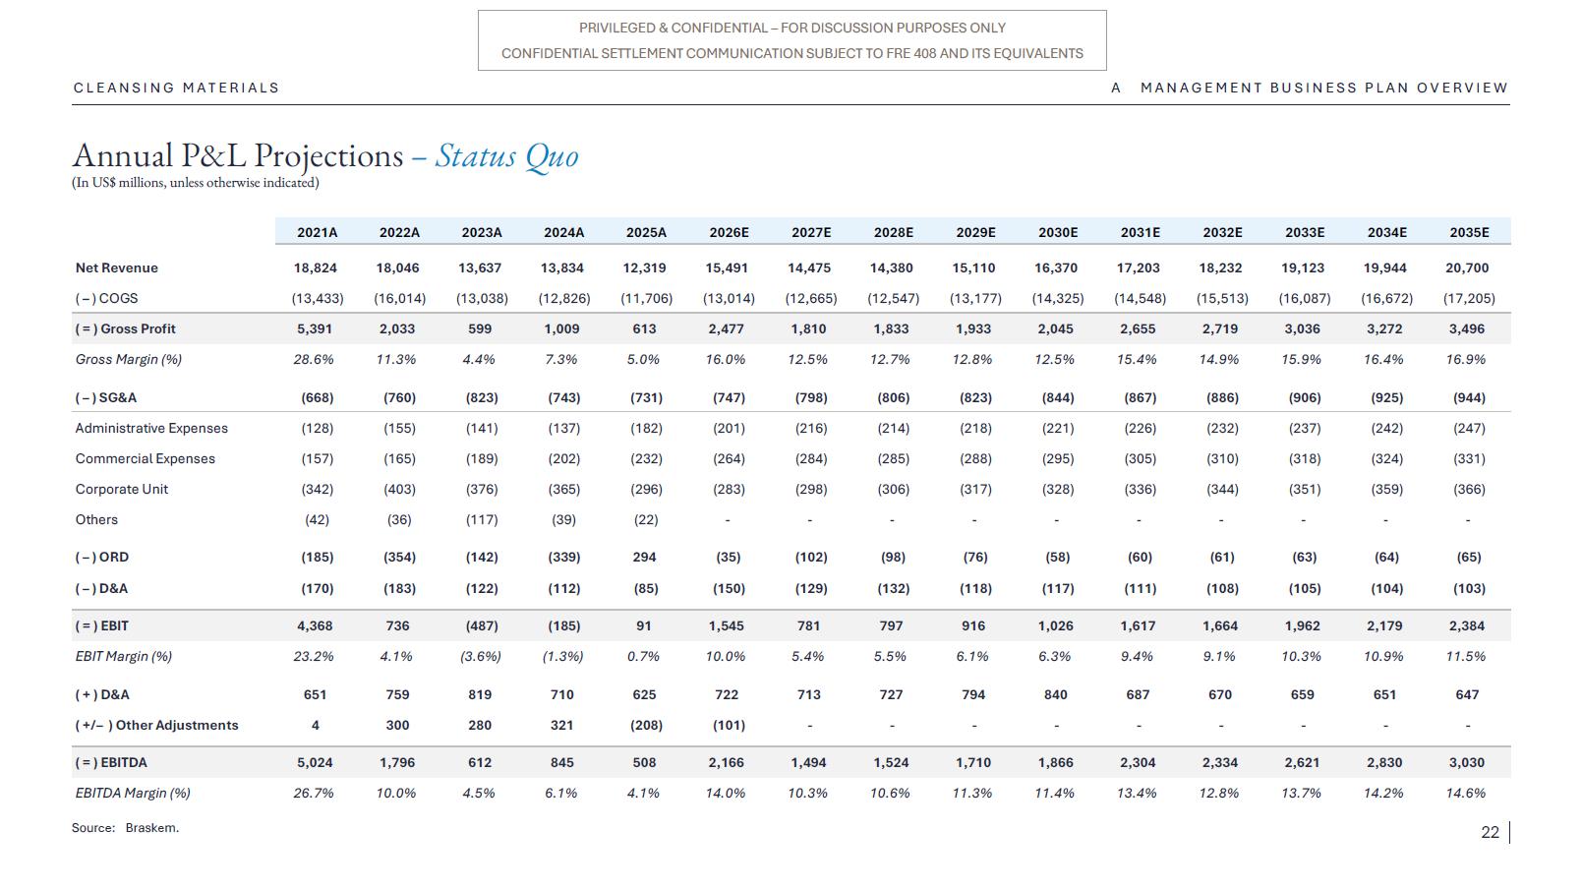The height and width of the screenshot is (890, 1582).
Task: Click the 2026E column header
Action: point(729,232)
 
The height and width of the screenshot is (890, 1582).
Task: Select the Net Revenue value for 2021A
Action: point(315,267)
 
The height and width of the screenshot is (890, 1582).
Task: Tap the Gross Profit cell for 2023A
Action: point(480,328)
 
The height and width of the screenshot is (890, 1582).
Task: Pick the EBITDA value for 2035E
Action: point(1467,762)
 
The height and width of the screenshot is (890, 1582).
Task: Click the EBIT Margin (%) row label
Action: point(124,656)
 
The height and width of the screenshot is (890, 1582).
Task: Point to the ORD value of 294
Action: point(644,557)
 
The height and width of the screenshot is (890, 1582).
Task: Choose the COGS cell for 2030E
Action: point(1058,298)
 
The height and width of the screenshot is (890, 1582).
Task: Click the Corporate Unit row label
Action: point(122,489)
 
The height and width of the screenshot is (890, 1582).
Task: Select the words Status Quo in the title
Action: point(507,155)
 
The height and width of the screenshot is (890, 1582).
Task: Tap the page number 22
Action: point(1491,832)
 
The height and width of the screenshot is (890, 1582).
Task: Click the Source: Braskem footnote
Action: point(125,827)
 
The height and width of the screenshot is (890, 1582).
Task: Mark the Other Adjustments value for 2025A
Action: point(646,725)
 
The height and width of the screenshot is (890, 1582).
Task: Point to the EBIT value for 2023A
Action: point(482,625)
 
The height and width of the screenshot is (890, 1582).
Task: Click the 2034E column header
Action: point(1387,232)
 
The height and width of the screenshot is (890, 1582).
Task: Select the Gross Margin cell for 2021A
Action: point(314,360)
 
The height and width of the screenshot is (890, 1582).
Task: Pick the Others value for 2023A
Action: point(482,520)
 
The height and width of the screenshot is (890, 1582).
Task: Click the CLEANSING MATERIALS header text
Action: point(177,88)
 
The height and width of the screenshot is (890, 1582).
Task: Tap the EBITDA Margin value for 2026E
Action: point(726,794)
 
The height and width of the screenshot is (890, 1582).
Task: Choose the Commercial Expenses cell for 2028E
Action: point(894,458)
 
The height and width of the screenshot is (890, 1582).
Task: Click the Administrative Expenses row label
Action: point(151,428)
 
